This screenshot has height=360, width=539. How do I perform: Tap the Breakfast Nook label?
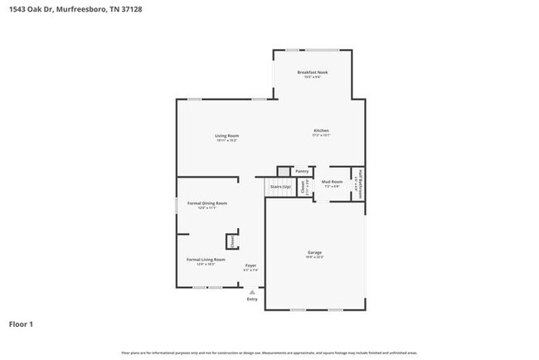tap(313, 73)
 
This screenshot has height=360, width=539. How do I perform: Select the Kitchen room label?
tap(321, 130)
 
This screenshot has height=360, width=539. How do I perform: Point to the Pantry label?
tap(302, 171)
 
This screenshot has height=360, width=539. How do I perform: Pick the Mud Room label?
tap(332, 181)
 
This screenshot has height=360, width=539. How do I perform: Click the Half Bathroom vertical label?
tap(361, 184)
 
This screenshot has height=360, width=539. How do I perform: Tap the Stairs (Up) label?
tap(280, 187)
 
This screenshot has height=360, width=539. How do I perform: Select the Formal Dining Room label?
tap(206, 202)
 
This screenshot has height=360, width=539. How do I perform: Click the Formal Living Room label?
tap(206, 260)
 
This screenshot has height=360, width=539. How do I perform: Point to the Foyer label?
tap(250, 265)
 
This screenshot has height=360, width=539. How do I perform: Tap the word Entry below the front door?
tap(252, 299)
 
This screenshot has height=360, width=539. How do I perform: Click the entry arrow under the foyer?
tap(252, 292)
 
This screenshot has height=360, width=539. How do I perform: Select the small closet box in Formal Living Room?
tap(232, 240)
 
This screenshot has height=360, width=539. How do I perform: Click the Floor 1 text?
tap(21, 324)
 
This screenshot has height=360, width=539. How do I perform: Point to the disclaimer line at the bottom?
tap(269, 353)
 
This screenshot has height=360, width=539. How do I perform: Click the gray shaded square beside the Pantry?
tap(284, 171)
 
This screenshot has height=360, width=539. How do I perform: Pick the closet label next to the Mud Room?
tap(303, 187)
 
